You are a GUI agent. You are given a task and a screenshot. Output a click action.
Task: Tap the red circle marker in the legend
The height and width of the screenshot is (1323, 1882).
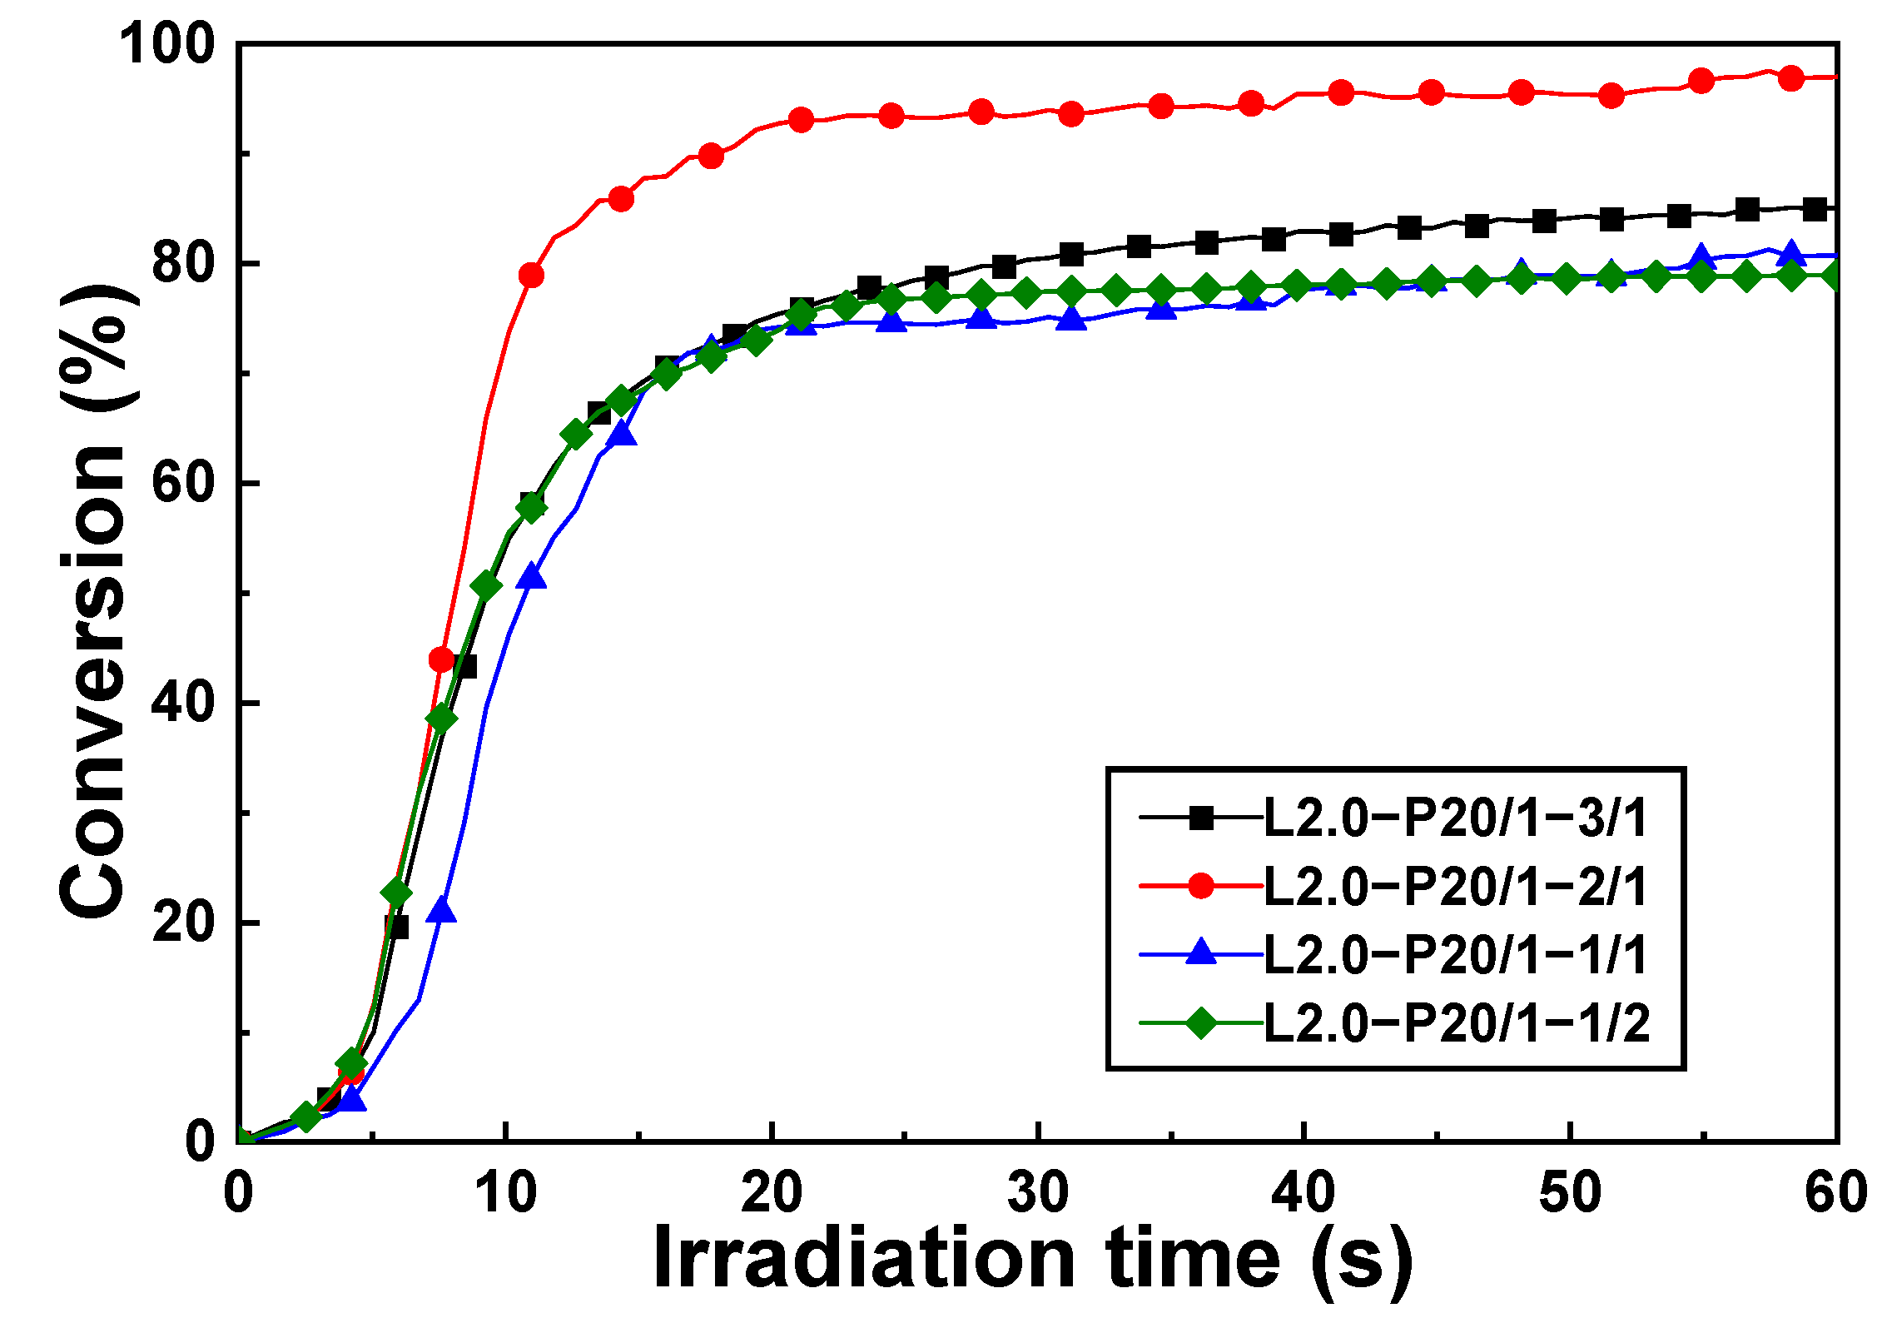(x=1201, y=887)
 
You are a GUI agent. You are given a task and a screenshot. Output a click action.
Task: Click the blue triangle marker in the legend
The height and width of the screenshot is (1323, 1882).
(x=1201, y=953)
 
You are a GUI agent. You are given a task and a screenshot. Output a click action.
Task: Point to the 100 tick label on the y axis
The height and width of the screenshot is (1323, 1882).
(x=166, y=43)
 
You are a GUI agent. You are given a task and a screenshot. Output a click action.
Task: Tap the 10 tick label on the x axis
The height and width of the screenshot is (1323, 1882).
(x=506, y=1192)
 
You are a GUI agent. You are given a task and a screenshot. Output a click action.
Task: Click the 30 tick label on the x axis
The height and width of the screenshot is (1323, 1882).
(x=1038, y=1192)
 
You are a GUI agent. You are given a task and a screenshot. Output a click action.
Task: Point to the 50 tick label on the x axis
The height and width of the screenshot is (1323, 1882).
(x=1570, y=1192)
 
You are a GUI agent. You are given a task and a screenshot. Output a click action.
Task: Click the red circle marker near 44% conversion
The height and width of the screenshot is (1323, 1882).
(x=442, y=660)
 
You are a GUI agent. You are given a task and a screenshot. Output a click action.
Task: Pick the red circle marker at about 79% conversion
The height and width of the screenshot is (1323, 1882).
(x=531, y=275)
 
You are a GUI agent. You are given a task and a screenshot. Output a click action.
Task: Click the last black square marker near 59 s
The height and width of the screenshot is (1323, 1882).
(x=1815, y=209)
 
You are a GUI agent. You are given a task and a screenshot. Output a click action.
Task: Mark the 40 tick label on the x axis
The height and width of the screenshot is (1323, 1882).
(x=1303, y=1192)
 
